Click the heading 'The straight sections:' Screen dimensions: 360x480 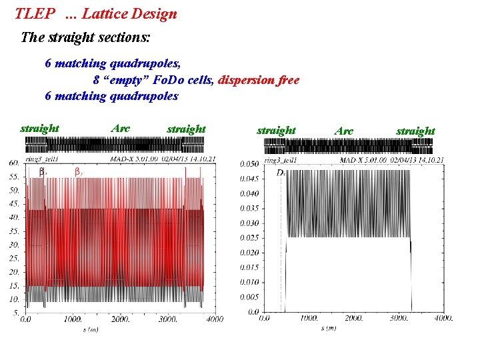pos(86,37)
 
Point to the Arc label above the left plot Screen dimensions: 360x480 pos(121,127)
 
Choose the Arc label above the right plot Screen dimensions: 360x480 pos(343,131)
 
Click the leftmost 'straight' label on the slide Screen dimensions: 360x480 pos(40,128)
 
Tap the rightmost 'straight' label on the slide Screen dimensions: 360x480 pos(415,131)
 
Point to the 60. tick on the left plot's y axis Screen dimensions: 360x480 pos(13,163)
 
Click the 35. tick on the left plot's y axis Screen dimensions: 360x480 pos(13,231)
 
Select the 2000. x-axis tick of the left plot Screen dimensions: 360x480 pos(121,320)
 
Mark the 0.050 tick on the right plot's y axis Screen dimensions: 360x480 pos(249,163)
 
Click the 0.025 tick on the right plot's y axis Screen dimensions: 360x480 pos(249,237)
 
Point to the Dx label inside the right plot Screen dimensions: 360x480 pos(281,173)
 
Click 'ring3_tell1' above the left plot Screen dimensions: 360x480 pos(43,159)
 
